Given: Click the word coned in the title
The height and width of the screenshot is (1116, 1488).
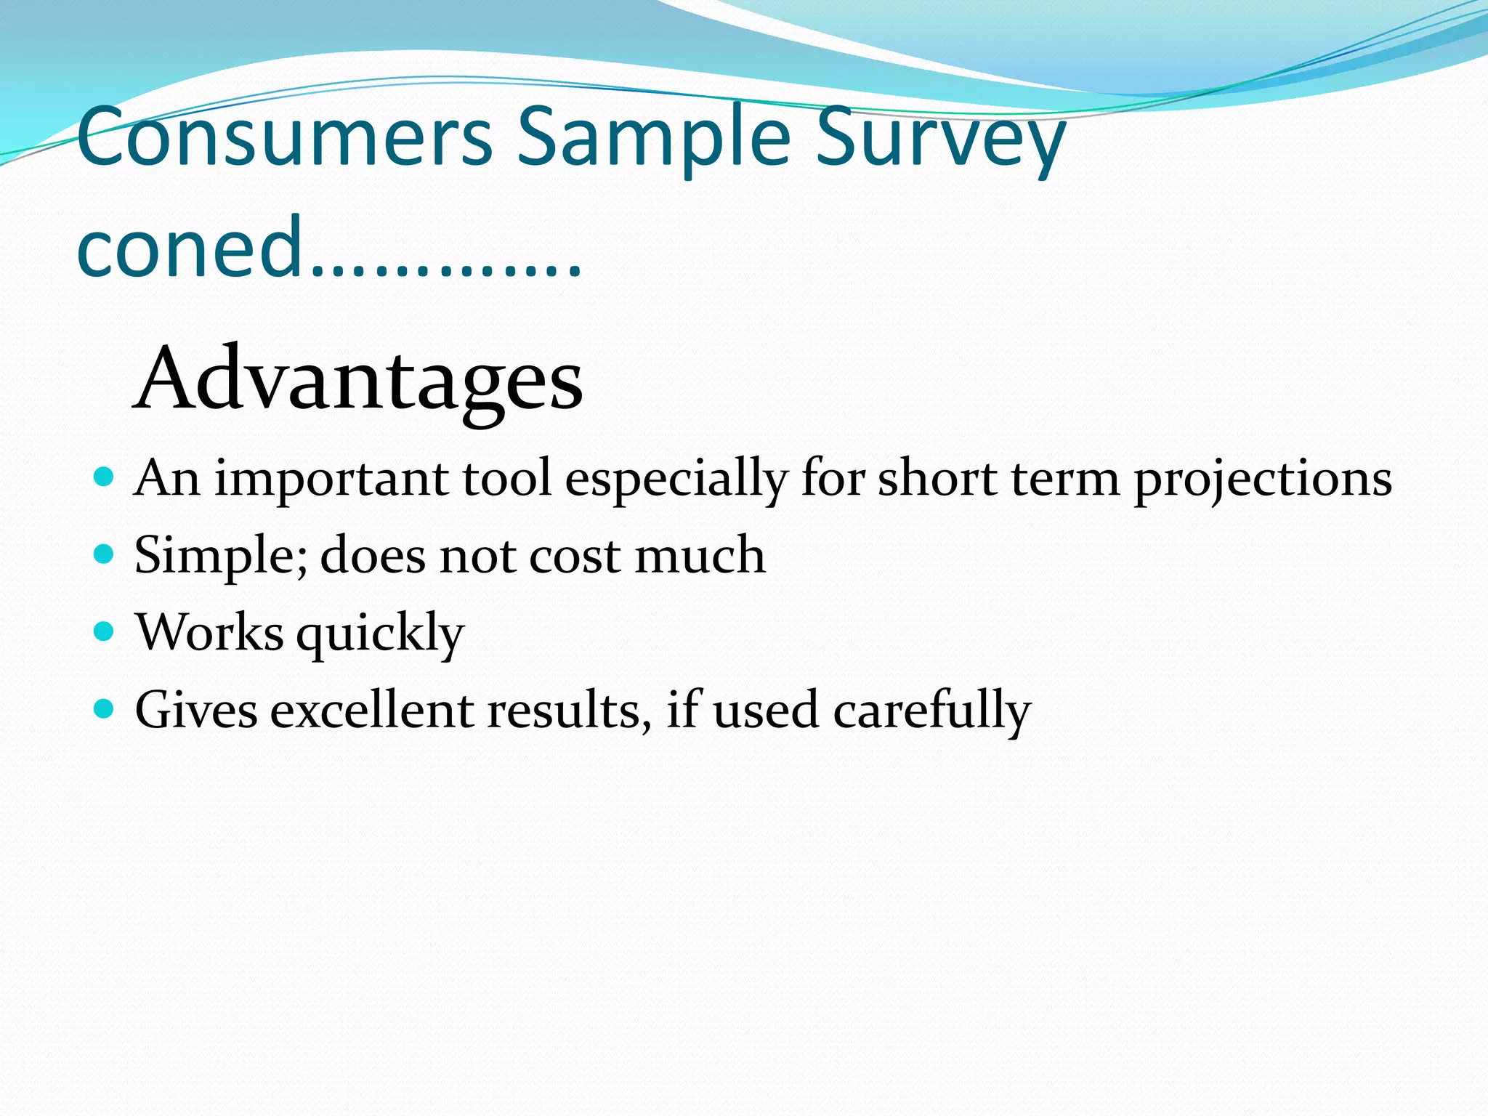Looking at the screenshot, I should [x=189, y=247].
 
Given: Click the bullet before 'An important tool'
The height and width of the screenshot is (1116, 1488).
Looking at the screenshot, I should [x=105, y=477].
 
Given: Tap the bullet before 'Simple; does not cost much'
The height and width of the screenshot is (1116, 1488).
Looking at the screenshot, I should [x=105, y=555].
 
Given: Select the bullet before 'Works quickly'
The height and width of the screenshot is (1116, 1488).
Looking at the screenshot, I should [x=105, y=631].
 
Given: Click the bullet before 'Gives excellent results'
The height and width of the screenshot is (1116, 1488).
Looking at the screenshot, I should [x=105, y=708].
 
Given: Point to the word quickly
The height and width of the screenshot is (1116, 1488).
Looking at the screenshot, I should [x=380, y=634].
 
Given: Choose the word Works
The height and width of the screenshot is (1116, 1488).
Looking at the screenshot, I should [x=209, y=631].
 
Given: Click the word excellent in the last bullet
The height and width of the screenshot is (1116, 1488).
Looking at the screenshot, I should [x=372, y=710].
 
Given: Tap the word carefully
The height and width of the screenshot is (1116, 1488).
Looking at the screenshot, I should [x=931, y=711].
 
